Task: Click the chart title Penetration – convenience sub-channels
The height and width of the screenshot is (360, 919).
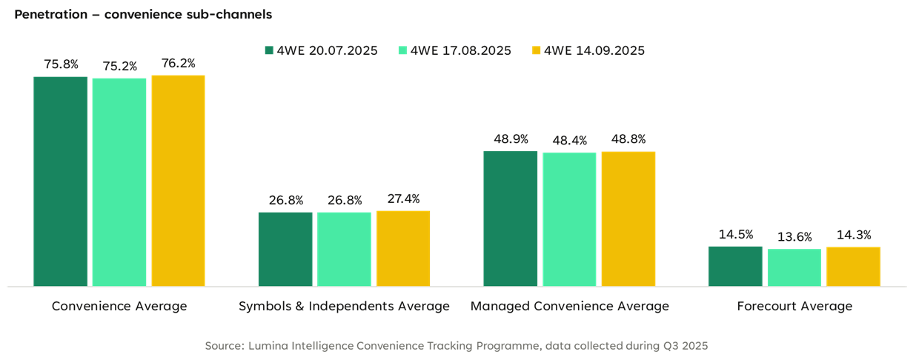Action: tap(142, 14)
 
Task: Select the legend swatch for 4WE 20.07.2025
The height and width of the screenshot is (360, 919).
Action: tap(270, 51)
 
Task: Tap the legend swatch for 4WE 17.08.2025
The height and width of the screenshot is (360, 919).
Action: tap(402, 51)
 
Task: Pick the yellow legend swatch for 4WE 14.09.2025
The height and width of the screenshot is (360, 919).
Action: tap(537, 51)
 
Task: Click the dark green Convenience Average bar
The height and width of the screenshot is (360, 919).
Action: tap(61, 181)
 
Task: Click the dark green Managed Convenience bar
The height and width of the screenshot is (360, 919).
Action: tap(510, 218)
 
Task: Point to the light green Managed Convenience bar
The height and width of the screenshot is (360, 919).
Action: tap(569, 219)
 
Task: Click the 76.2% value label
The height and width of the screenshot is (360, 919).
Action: tap(178, 64)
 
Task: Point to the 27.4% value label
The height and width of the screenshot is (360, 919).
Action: tap(403, 199)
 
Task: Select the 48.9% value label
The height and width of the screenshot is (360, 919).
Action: tap(510, 139)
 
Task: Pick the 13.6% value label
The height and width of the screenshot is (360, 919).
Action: tap(794, 238)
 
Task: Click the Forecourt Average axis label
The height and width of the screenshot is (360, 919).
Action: tap(794, 306)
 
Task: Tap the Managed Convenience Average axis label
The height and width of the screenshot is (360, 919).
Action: tap(569, 306)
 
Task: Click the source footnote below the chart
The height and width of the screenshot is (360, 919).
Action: tap(457, 346)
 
